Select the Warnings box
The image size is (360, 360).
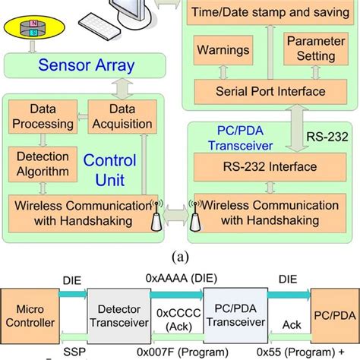click(x=223, y=51)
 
